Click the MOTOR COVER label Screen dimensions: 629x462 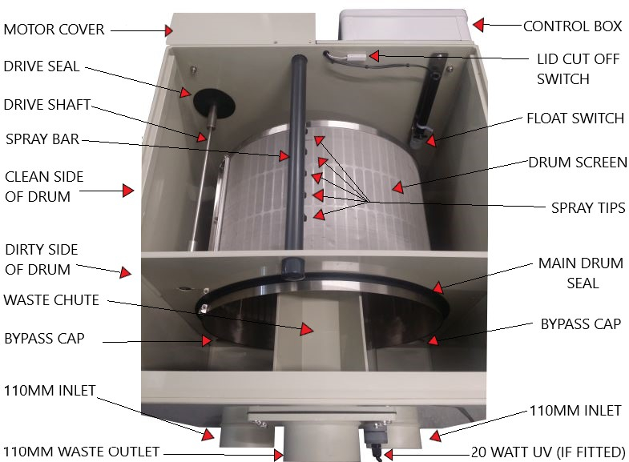pyautogui.click(x=54, y=30)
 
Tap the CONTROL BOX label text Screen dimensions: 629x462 pyautogui.click(x=572, y=26)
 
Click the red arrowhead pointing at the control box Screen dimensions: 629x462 pyautogui.click(x=478, y=25)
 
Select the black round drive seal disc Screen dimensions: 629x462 pyautogui.click(x=214, y=102)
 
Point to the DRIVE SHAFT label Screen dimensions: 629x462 pyautogui.click(x=47, y=105)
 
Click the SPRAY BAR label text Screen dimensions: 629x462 pyautogui.click(x=42, y=139)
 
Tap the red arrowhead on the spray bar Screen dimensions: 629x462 pyautogui.click(x=284, y=155)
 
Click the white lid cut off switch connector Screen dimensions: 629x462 pyautogui.click(x=357, y=58)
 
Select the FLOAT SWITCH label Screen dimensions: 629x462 pyautogui.click(x=575, y=119)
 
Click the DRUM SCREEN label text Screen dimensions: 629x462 pyautogui.click(x=578, y=163)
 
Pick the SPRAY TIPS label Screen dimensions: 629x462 pyautogui.click(x=588, y=208)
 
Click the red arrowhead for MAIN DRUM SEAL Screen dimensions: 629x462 pyautogui.click(x=438, y=287)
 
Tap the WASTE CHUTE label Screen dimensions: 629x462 pyautogui.click(x=51, y=300)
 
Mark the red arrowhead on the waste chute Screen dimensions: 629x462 pyautogui.click(x=307, y=329)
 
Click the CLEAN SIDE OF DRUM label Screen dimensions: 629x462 pyautogui.click(x=44, y=187)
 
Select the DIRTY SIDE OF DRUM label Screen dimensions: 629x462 pyautogui.click(x=42, y=259)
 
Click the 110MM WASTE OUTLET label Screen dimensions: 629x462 pyautogui.click(x=82, y=452)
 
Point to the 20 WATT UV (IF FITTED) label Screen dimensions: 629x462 pyautogui.click(x=548, y=452)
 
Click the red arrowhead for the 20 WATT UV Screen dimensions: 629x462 pyautogui.click(x=388, y=454)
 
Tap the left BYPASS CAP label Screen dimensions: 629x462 pyautogui.click(x=44, y=339)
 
